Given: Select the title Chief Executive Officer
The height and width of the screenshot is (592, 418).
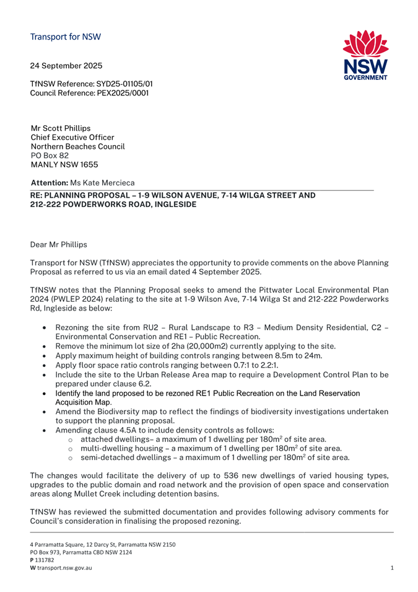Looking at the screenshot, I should point(72,137).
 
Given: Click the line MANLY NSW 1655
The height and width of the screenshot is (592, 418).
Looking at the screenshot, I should point(64,165).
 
